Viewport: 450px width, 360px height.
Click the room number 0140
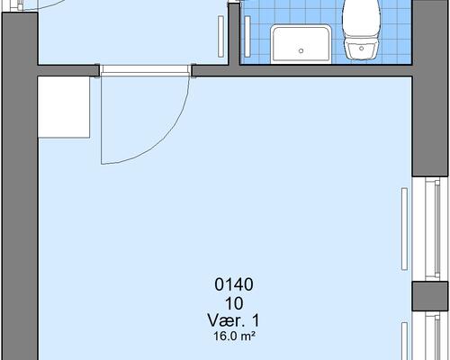click(234, 285)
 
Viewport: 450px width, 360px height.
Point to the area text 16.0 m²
click(234, 337)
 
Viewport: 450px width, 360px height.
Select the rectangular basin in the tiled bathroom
click(301, 43)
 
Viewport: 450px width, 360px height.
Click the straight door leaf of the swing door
click(101, 117)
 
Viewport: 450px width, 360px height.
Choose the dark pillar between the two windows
click(430, 297)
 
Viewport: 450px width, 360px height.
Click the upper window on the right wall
click(430, 229)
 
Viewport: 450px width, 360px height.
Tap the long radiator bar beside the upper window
click(402, 229)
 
